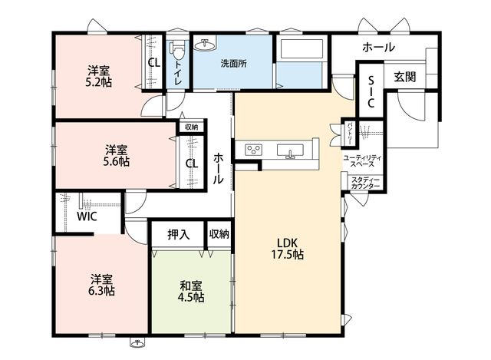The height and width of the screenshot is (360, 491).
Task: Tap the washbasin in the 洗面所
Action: pyautogui.click(x=205, y=45)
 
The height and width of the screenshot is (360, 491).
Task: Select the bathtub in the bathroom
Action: pyautogui.click(x=302, y=48)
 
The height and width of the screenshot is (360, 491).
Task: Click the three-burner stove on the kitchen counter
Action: pyautogui.click(x=253, y=150)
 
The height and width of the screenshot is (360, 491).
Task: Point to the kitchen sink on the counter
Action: pyautogui.click(x=290, y=150)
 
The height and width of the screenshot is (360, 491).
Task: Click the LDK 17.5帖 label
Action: pyautogui.click(x=287, y=249)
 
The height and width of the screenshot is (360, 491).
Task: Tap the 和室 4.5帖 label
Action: pyautogui.click(x=191, y=291)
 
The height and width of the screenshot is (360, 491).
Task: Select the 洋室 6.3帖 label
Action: pyautogui.click(x=101, y=285)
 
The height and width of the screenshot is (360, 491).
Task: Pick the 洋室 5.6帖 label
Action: pyautogui.click(x=116, y=155)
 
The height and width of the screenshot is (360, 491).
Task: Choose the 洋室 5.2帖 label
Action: pyautogui.click(x=99, y=76)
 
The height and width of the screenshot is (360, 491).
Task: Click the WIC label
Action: pyautogui.click(x=87, y=216)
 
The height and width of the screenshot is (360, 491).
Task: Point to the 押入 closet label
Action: pyautogui.click(x=179, y=234)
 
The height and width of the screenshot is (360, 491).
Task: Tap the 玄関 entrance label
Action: pyautogui.click(x=405, y=77)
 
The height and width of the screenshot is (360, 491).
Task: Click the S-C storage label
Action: pyautogui.click(x=371, y=92)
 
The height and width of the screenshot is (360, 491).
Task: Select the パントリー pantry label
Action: pyautogui.click(x=349, y=134)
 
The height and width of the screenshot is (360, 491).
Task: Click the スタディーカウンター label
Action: pyautogui.click(x=365, y=183)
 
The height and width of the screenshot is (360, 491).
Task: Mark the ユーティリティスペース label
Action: pyautogui.click(x=362, y=160)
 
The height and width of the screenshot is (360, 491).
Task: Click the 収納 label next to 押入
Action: pyautogui.click(x=219, y=234)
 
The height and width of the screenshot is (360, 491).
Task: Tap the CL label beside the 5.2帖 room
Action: pyautogui.click(x=153, y=63)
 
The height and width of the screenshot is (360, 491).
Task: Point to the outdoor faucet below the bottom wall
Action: pyautogui.click(x=137, y=343)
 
